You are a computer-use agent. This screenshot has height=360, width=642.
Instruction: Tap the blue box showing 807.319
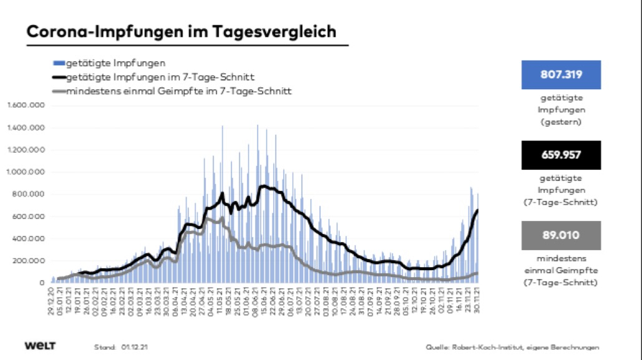tap(561, 75)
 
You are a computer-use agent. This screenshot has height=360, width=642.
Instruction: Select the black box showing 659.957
tap(561, 155)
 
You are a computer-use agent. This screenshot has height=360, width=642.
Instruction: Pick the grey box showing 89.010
tap(561, 235)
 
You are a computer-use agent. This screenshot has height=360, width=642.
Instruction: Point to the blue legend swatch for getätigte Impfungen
tap(59, 63)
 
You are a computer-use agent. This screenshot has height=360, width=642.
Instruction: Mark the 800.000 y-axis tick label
tap(29, 194)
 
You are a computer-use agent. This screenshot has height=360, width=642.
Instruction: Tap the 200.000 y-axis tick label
tap(29, 260)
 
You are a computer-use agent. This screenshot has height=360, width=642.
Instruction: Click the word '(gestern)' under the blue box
tap(561, 122)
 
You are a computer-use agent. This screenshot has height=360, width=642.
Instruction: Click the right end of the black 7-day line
tap(478, 210)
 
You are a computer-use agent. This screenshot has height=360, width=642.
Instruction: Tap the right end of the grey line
tap(478, 273)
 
